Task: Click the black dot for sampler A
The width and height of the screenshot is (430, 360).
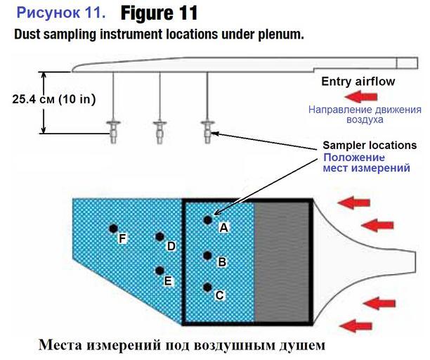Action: coord(207,220)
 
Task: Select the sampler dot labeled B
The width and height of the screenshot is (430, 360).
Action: coord(207,255)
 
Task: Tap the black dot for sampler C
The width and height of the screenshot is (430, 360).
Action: coord(207,287)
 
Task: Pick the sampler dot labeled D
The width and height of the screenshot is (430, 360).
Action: coord(160,237)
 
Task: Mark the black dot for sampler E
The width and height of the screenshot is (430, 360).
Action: coord(160,271)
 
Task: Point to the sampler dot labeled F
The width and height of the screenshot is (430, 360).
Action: coord(112,229)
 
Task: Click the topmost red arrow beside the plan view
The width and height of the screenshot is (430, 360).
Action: coord(351,203)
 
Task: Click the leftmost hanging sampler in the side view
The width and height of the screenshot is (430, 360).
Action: coord(113,131)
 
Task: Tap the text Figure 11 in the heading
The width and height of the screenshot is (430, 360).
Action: coord(159,13)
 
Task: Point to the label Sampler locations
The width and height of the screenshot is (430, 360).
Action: coord(370,145)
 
